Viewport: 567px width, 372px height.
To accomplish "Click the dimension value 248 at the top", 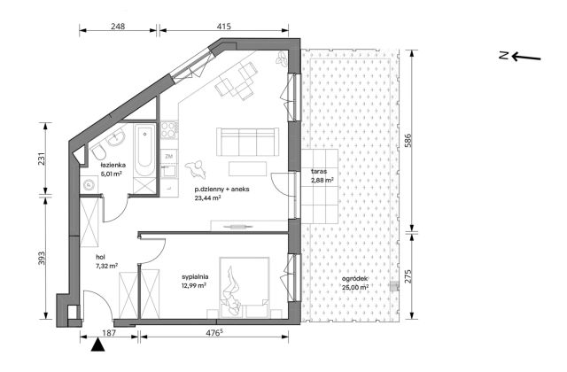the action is tap(118, 26).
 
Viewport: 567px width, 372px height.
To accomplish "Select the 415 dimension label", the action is tap(224, 26).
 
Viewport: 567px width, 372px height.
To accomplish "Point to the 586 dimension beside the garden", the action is tap(408, 141).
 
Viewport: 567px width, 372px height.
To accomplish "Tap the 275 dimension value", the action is tap(408, 276).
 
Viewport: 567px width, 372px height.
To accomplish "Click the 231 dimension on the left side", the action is tap(42, 159).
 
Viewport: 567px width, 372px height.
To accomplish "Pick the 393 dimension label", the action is tap(42, 259).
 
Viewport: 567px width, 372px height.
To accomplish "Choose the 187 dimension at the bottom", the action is tap(109, 333).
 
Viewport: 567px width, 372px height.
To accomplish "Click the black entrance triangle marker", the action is tap(97, 345).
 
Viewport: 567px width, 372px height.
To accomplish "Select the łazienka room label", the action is tap(113, 165).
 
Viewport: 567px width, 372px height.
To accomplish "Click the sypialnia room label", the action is tap(195, 277).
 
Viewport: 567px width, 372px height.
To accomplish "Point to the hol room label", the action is tap(100, 258).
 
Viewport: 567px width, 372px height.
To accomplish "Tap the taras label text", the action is tap(319, 171).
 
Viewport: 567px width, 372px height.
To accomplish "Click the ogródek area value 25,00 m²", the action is tap(355, 287).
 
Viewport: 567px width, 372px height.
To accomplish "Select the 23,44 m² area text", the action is tap(207, 198).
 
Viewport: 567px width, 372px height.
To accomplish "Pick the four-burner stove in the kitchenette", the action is tap(169, 129).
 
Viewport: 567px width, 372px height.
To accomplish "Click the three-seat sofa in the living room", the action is tap(248, 142).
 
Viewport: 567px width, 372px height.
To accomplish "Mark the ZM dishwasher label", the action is tap(168, 157).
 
